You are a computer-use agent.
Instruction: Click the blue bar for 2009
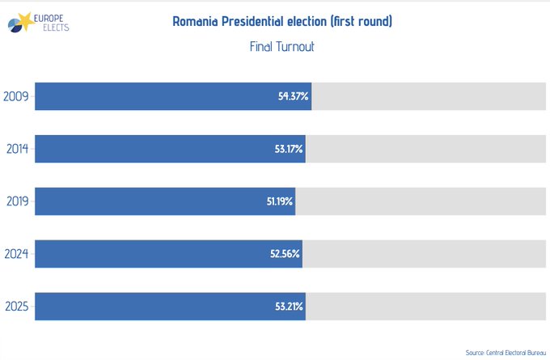point(154,96)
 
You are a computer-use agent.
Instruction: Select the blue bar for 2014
point(154,149)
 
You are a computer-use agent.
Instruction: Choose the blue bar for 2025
point(154,307)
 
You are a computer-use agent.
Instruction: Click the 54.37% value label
point(293,96)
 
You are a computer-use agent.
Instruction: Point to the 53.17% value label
point(287,149)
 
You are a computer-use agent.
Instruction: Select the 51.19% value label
point(280,201)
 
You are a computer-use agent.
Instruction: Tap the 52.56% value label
point(286,254)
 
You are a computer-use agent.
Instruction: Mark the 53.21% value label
point(288,307)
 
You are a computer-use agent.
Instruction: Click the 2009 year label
point(17,96)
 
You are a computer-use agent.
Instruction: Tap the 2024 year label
point(17,254)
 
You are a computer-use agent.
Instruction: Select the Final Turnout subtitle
point(281,47)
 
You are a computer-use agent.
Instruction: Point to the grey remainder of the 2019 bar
point(421,201)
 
